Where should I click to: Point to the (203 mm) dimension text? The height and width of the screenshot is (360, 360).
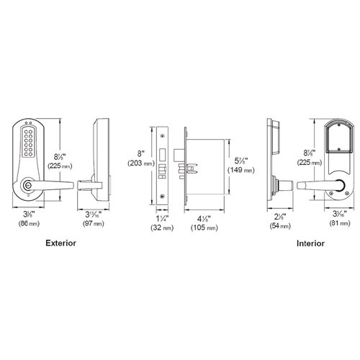click(139, 164)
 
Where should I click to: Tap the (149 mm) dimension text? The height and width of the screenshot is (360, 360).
click(239, 171)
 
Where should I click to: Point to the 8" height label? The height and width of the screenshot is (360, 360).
click(138, 153)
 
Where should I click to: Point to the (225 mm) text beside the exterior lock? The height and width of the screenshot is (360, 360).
click(59, 165)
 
